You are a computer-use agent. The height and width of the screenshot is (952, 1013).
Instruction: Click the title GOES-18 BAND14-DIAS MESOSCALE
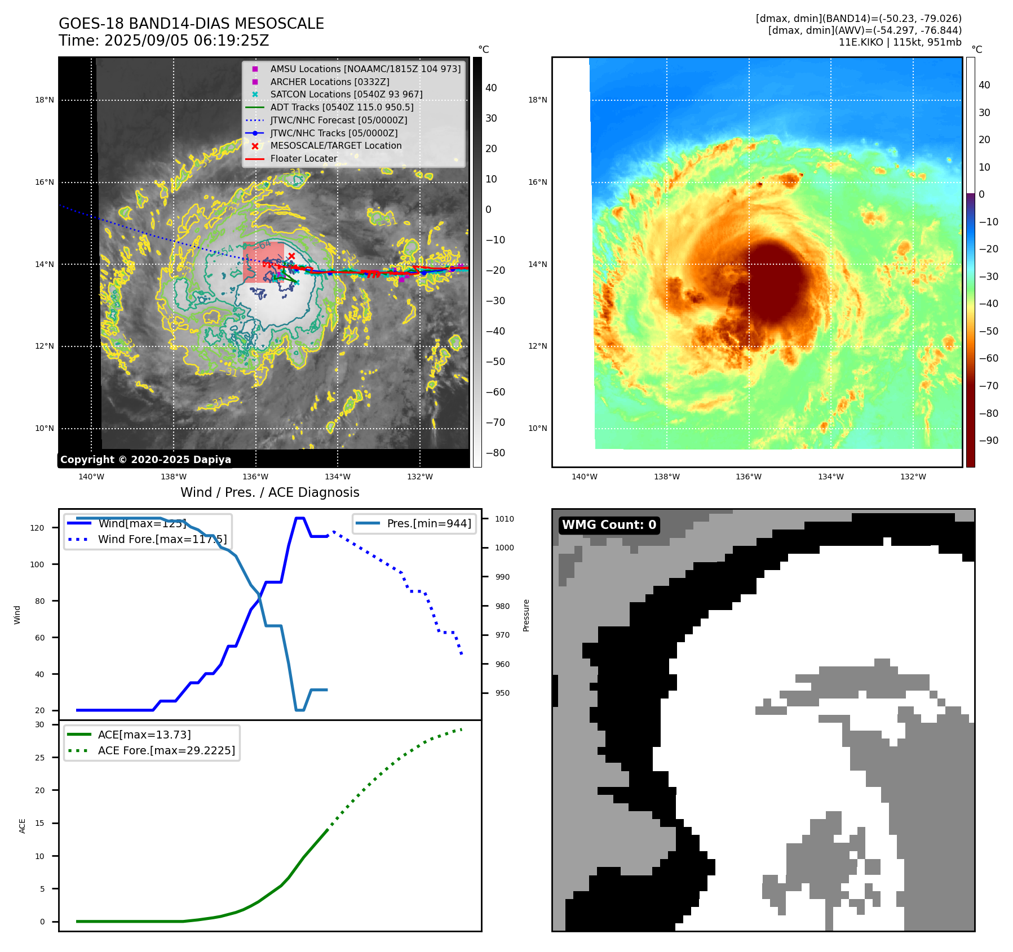191,24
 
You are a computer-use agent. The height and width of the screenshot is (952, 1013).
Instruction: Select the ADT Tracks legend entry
342,107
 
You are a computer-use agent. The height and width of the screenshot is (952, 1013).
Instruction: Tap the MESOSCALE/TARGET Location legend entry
335,146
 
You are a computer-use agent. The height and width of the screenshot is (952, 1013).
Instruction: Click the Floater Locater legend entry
303,159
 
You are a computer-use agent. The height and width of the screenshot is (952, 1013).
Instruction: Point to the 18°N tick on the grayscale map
45,100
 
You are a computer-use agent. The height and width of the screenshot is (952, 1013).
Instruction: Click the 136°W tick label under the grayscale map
255,477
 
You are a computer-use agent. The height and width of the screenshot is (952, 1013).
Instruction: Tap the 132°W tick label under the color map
913,477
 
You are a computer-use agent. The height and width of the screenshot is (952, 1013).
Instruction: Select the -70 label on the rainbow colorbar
988,386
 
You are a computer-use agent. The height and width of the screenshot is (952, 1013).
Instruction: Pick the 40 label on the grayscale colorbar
491,88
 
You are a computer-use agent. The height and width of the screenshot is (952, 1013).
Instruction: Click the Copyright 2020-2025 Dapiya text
145,460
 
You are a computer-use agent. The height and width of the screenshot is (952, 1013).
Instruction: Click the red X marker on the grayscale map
291,256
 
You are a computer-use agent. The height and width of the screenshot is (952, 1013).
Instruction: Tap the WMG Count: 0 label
609,525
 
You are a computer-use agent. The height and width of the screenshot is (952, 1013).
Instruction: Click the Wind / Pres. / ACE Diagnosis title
269,492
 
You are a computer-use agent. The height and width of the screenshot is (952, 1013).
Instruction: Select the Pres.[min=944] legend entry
428,523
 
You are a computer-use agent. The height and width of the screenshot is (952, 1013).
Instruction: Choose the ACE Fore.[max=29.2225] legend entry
166,750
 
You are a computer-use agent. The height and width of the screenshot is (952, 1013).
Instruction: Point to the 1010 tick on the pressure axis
505,519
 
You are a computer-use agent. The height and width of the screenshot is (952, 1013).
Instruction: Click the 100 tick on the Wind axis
37,564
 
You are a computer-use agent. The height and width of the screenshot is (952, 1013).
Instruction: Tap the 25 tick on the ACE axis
39,758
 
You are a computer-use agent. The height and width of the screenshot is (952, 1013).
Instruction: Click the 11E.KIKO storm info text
900,42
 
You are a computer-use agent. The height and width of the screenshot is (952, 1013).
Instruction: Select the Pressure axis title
526,615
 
